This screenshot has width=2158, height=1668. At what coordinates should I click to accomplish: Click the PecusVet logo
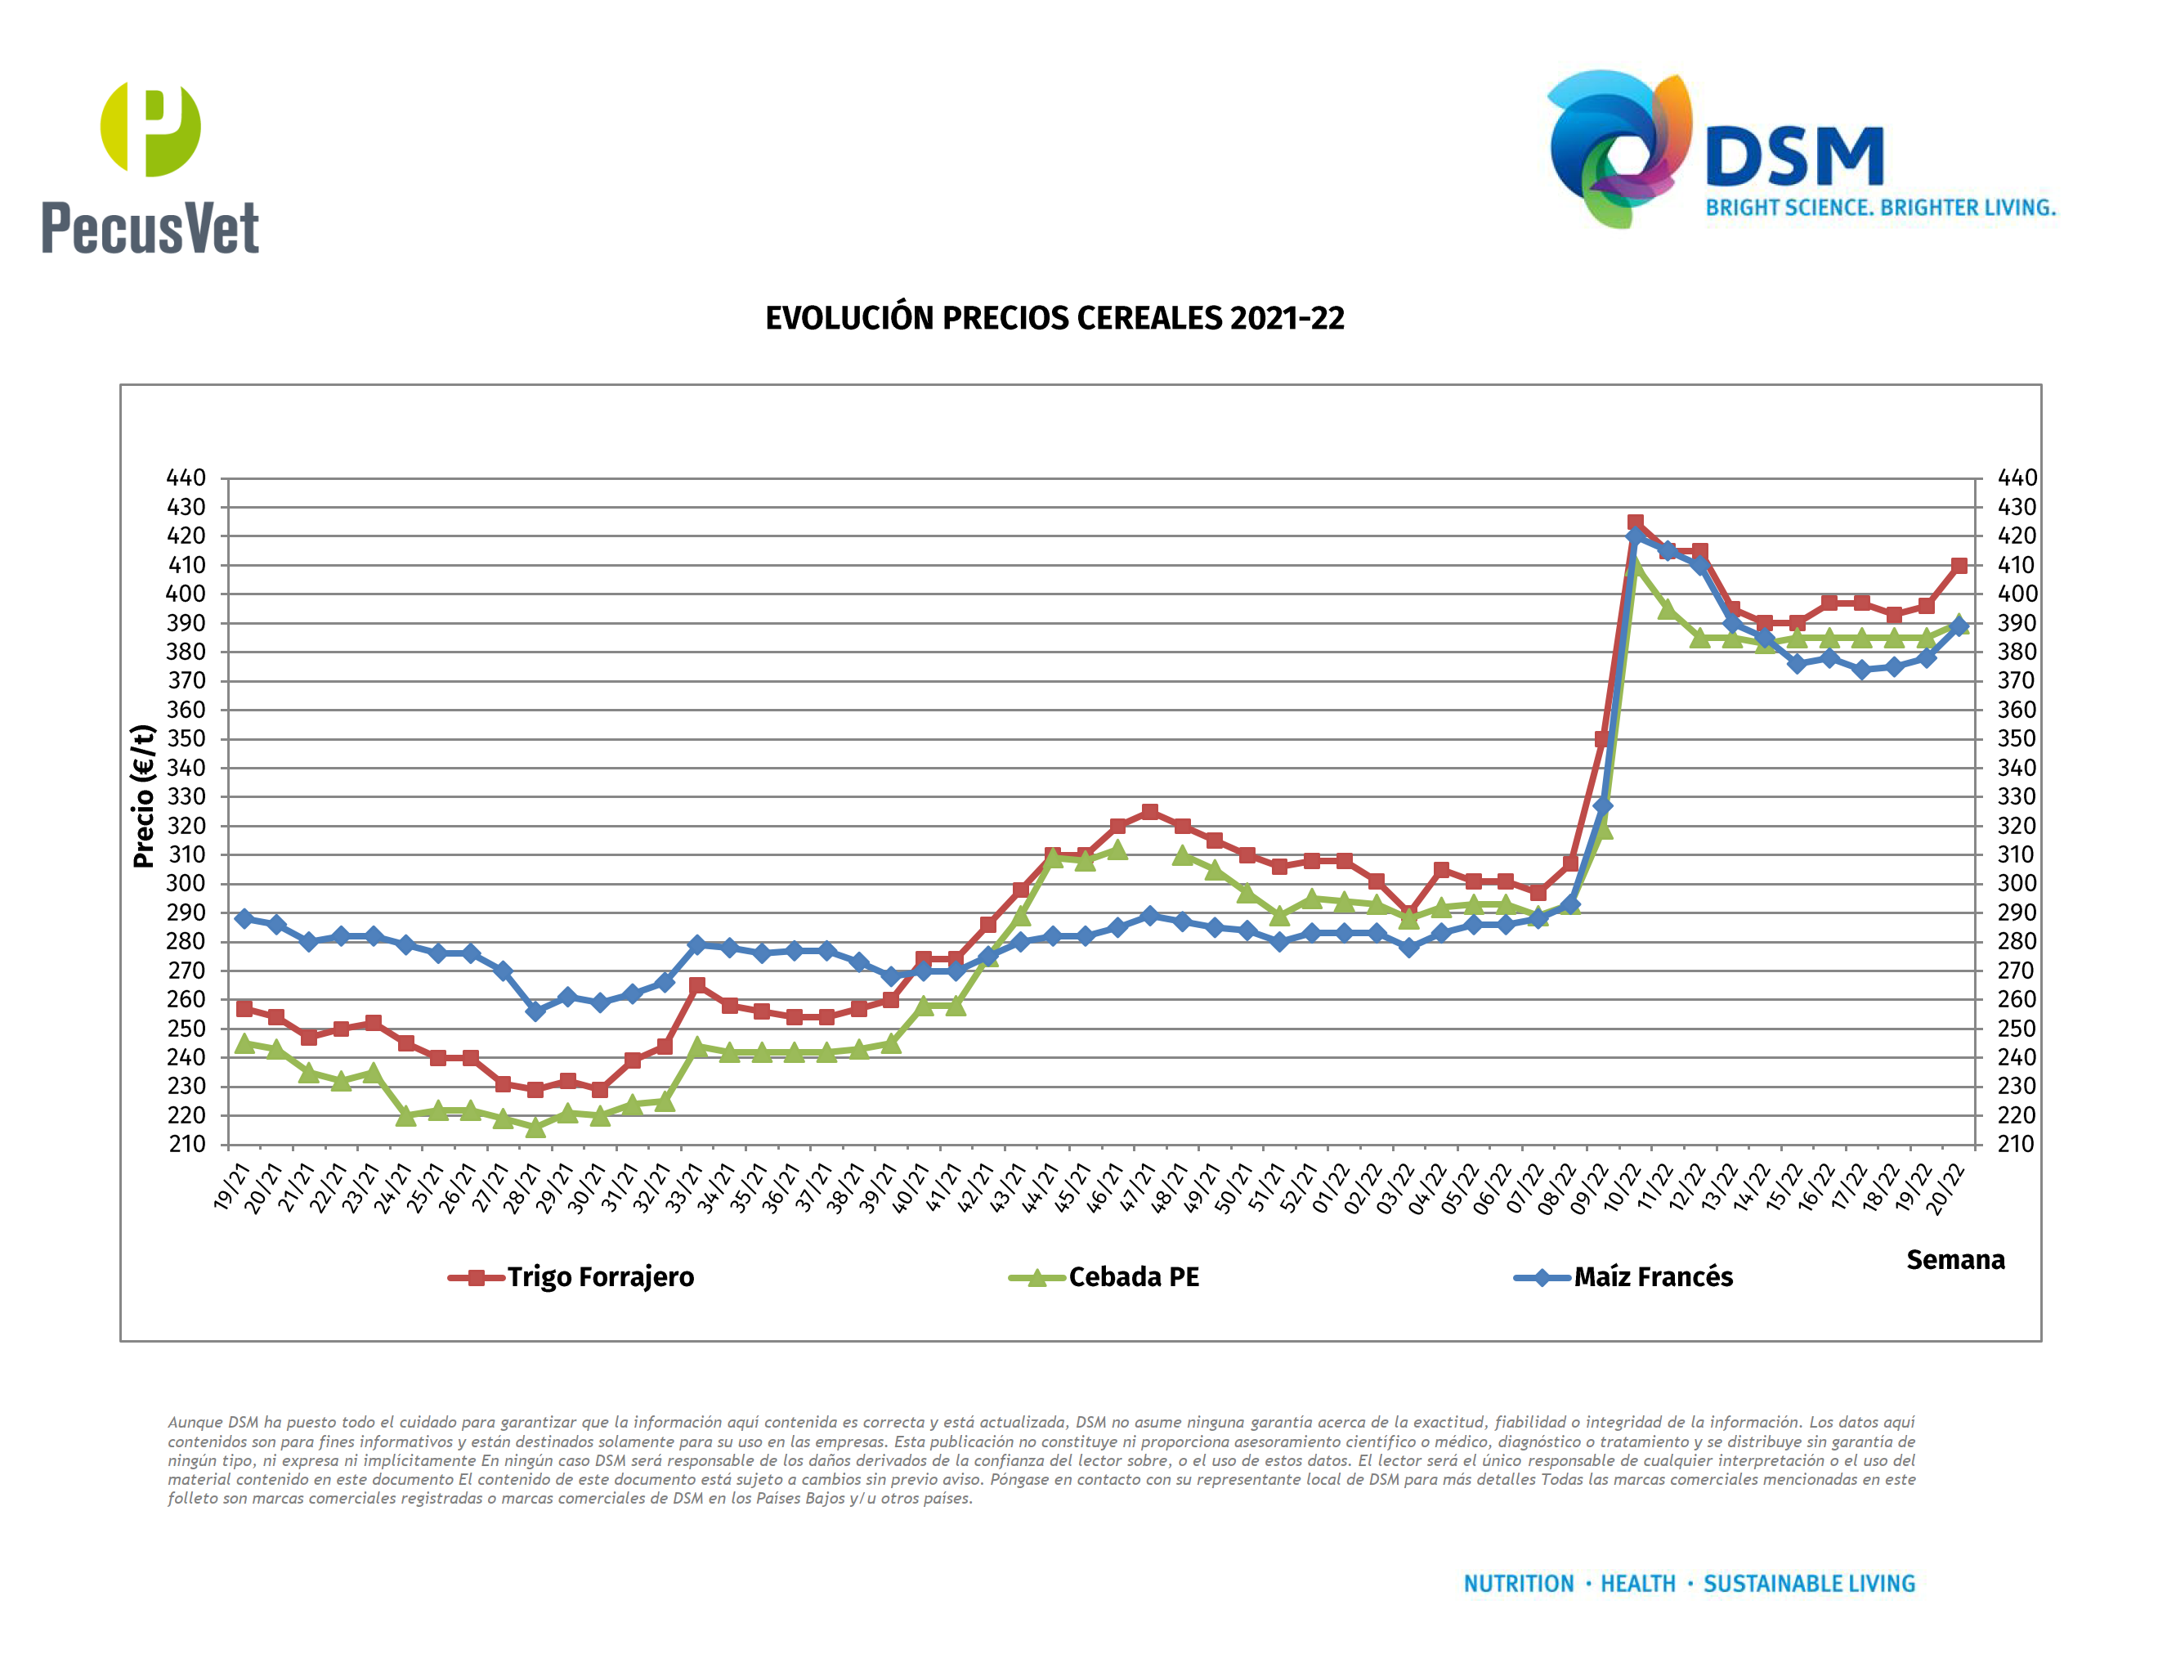[x=150, y=168]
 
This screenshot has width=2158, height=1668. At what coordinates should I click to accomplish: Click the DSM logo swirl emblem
[x=1618, y=148]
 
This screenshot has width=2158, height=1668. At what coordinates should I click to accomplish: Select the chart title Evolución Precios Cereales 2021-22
[x=1054, y=318]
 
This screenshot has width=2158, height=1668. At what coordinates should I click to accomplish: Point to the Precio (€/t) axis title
[x=144, y=796]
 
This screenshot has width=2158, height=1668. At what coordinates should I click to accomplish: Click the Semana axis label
[x=1954, y=1260]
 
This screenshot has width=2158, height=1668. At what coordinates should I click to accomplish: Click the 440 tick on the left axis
[x=186, y=478]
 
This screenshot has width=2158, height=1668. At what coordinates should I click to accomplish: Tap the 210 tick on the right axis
[x=2016, y=1144]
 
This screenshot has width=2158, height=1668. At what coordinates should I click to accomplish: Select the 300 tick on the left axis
[x=186, y=883]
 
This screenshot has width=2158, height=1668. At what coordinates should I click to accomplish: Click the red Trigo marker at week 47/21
[x=1149, y=811]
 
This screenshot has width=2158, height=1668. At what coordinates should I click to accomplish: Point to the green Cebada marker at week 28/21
[x=535, y=1127]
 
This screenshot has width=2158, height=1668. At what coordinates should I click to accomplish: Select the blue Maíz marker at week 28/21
[x=535, y=1011]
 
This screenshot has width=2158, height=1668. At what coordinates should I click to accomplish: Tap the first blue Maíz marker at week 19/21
[x=244, y=918]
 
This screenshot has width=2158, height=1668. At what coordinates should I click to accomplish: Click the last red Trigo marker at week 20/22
[x=1959, y=565]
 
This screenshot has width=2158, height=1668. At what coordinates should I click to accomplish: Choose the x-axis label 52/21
[x=1301, y=1189]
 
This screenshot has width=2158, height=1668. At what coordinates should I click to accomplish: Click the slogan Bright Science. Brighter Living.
[x=1880, y=208]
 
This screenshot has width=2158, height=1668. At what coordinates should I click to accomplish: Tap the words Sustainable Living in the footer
[x=1808, y=1584]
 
